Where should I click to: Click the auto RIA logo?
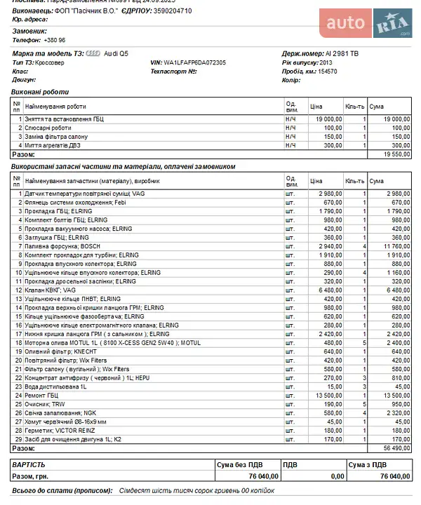pyautogui.click(x=369, y=25)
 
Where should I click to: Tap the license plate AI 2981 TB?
pyautogui.click(x=342, y=53)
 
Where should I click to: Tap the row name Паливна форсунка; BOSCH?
pyautogui.click(x=63, y=246)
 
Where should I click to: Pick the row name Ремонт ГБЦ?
pyautogui.click(x=43, y=395)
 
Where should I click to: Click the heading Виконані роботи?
pyautogui.click(x=41, y=93)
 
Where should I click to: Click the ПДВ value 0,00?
pyautogui.click(x=337, y=476)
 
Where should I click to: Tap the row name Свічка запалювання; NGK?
pyautogui.click(x=60, y=412)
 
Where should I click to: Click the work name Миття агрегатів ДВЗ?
pyautogui.click(x=57, y=145)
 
